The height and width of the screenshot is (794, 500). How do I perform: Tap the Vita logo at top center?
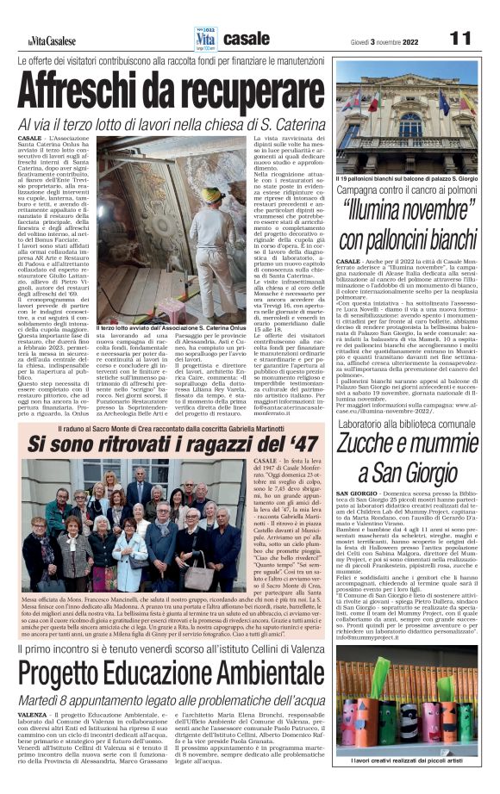(205, 37)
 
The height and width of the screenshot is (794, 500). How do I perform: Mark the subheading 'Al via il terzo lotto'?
(171, 126)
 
